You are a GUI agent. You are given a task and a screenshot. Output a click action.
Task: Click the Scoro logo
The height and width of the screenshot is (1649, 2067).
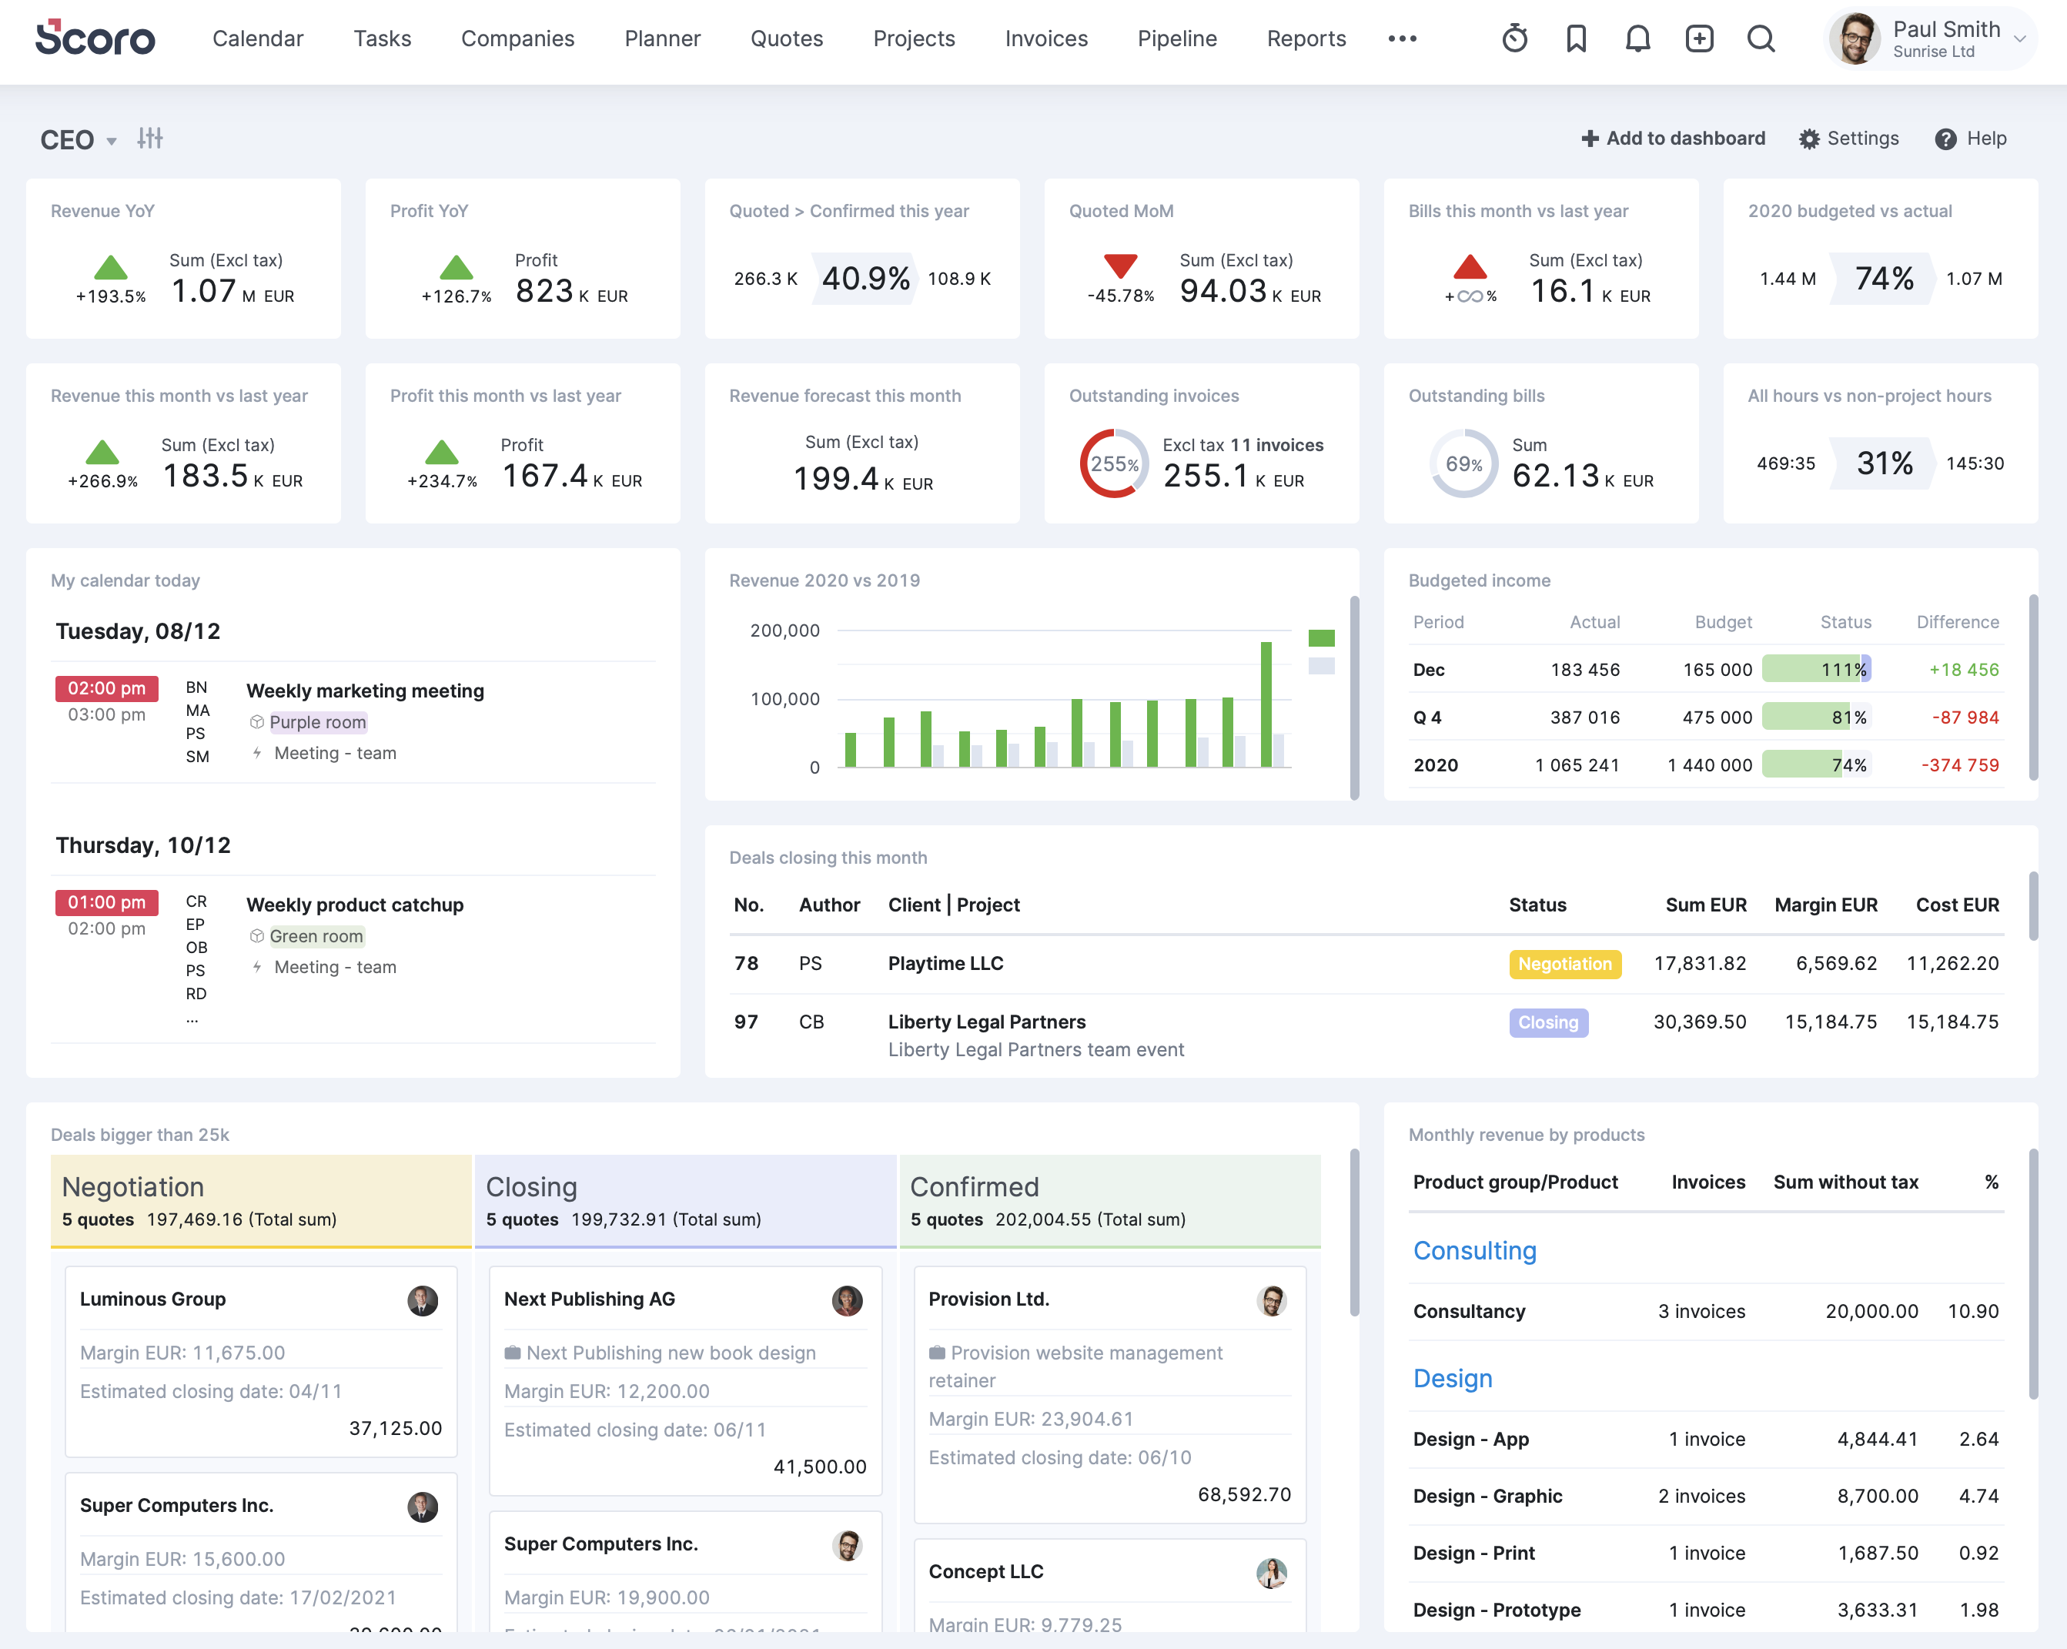[x=95, y=38]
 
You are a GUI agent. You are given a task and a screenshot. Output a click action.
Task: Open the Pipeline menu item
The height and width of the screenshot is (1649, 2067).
[x=1176, y=38]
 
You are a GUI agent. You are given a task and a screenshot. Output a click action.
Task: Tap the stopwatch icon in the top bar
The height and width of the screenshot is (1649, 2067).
[x=1513, y=38]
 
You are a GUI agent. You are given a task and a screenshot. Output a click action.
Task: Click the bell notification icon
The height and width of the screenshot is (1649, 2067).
[x=1637, y=38]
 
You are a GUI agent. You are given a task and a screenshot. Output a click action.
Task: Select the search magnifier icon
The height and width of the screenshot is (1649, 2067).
[x=1760, y=38]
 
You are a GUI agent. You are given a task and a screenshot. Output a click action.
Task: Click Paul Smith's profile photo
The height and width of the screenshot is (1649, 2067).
[x=1855, y=39]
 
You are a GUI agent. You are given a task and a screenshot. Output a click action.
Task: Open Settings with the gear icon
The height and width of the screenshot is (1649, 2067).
[x=1848, y=138]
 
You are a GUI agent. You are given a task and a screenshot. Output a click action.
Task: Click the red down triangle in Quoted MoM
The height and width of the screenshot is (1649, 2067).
[x=1120, y=266]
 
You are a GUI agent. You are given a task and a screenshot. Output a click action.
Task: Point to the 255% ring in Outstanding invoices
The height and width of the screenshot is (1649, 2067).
[x=1113, y=464]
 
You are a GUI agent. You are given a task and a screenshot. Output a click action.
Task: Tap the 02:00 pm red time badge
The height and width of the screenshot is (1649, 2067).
[x=106, y=688]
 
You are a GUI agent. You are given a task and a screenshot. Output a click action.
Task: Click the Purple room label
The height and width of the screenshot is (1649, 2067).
[x=317, y=722]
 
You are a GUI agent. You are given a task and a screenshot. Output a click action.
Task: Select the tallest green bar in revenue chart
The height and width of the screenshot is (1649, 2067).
[x=1266, y=704]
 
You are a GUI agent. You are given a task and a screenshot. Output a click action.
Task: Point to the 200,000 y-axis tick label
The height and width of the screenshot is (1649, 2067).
[x=784, y=630]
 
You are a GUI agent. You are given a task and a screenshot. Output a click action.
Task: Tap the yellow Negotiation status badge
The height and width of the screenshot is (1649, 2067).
[x=1564, y=964]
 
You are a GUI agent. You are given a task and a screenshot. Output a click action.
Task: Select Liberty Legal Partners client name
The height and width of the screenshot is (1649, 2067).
[x=986, y=1022]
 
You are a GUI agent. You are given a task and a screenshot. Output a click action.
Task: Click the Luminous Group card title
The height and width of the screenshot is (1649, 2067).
[x=152, y=1299]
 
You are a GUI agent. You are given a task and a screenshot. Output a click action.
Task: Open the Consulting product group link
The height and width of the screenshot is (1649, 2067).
[x=1473, y=1251]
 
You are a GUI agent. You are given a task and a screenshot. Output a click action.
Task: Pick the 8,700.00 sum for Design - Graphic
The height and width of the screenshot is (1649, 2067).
[x=1876, y=1497]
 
